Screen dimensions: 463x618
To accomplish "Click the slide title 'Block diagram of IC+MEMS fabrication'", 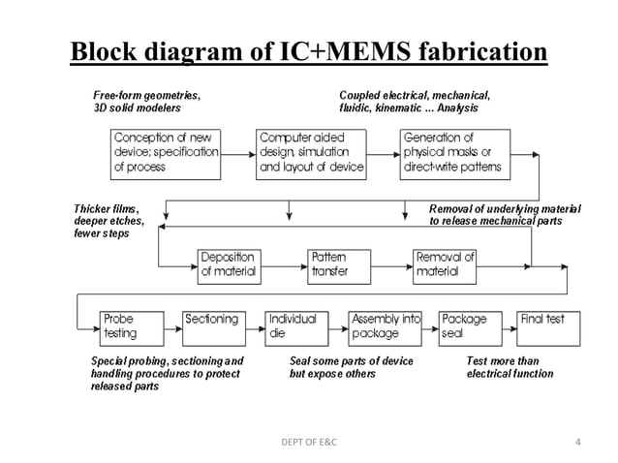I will pyautogui.click(x=308, y=49).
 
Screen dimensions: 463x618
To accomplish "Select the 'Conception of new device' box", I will pyautogui.click(x=166, y=152).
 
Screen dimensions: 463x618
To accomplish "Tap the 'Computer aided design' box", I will pyautogui.click(x=311, y=152).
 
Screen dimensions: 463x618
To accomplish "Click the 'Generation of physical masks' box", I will pyautogui.click(x=454, y=152).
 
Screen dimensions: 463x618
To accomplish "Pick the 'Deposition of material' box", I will pyautogui.click(x=229, y=264).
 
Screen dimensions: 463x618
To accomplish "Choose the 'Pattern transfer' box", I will pyautogui.click(x=334, y=264).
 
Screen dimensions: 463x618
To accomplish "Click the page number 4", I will pyautogui.click(x=577, y=443).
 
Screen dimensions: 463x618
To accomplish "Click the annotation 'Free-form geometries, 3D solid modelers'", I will pyautogui.click(x=146, y=102).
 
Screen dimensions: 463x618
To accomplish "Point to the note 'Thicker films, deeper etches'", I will pyautogui.click(x=108, y=221).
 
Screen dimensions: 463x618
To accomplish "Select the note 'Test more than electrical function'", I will pyautogui.click(x=510, y=367).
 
